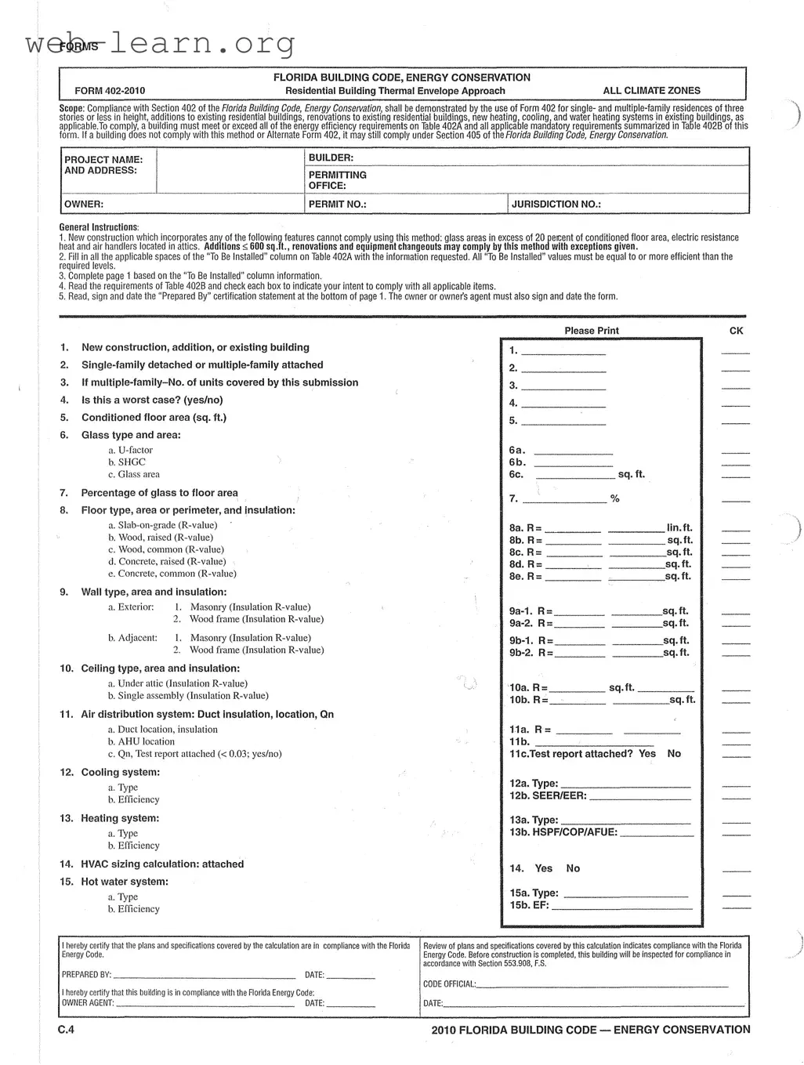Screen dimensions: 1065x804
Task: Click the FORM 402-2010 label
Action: click(x=110, y=91)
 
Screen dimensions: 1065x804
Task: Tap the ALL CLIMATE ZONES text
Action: click(x=651, y=91)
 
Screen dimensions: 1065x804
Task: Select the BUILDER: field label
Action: click(x=331, y=158)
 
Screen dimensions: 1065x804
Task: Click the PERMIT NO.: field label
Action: click(x=338, y=205)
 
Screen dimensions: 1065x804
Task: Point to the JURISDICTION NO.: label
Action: click(x=556, y=205)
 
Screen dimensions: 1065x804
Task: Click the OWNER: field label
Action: click(x=84, y=205)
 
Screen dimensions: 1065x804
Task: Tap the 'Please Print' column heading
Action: click(x=592, y=331)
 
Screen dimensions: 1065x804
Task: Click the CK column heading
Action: click(x=736, y=331)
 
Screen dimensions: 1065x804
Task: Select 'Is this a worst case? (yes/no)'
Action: click(x=152, y=400)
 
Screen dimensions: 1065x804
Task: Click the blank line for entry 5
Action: click(x=563, y=422)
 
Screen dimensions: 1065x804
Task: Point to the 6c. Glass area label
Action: click(x=139, y=475)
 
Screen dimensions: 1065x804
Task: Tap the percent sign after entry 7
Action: click(x=615, y=499)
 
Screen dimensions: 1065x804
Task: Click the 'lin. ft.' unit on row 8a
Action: click(x=679, y=529)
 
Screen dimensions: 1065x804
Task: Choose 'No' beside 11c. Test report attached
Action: click(x=674, y=754)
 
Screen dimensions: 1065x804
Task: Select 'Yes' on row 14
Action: click(x=544, y=868)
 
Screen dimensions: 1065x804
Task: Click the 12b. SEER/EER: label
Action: click(x=548, y=796)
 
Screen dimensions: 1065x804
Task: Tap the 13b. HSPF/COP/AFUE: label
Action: click(x=563, y=832)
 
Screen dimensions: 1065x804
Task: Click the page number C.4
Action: click(x=66, y=1030)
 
